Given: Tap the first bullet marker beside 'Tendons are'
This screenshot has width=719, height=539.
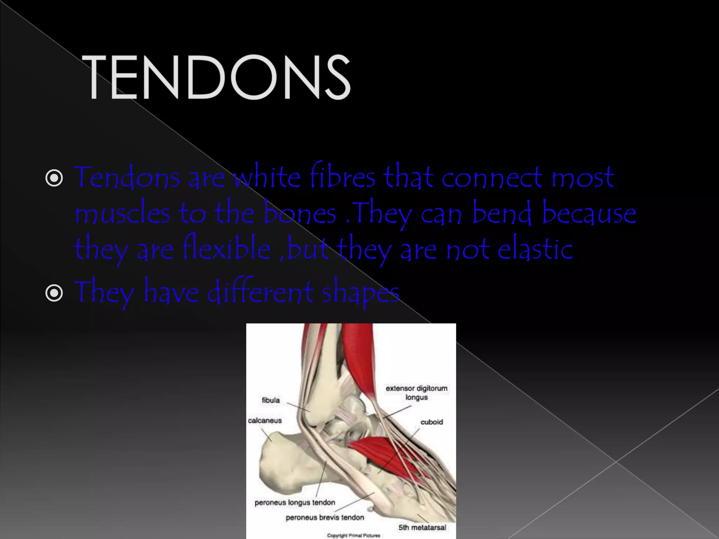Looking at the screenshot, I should point(54,179).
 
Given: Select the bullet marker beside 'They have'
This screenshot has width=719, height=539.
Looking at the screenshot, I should point(54,293).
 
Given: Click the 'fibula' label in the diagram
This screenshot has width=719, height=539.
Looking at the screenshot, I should point(271,400).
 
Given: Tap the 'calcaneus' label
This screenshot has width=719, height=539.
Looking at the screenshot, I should point(265,420).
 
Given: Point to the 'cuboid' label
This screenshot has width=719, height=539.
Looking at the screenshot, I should point(431,422).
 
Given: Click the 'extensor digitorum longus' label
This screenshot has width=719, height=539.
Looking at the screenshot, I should point(416,393).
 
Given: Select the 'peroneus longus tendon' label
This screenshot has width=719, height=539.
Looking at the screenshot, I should point(295,503).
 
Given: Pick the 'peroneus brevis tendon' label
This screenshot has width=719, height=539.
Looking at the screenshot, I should point(325,518).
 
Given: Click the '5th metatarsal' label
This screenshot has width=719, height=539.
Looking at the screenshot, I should point(422,527).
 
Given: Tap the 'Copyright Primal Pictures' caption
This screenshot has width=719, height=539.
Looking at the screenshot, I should point(353,535).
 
